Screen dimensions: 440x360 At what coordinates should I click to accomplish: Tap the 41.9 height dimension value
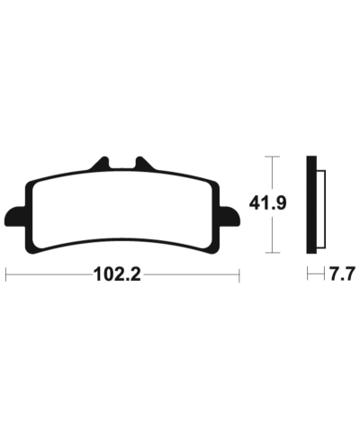pyautogui.click(x=275, y=204)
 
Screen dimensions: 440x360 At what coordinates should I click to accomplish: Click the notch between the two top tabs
pyautogui.click(x=121, y=168)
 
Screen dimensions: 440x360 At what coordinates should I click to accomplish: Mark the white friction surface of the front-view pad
pyautogui.click(x=121, y=207)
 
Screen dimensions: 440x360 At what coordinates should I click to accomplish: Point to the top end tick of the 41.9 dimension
pyautogui.click(x=274, y=157)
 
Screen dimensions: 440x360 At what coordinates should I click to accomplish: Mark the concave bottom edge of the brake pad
pyautogui.click(x=121, y=240)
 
